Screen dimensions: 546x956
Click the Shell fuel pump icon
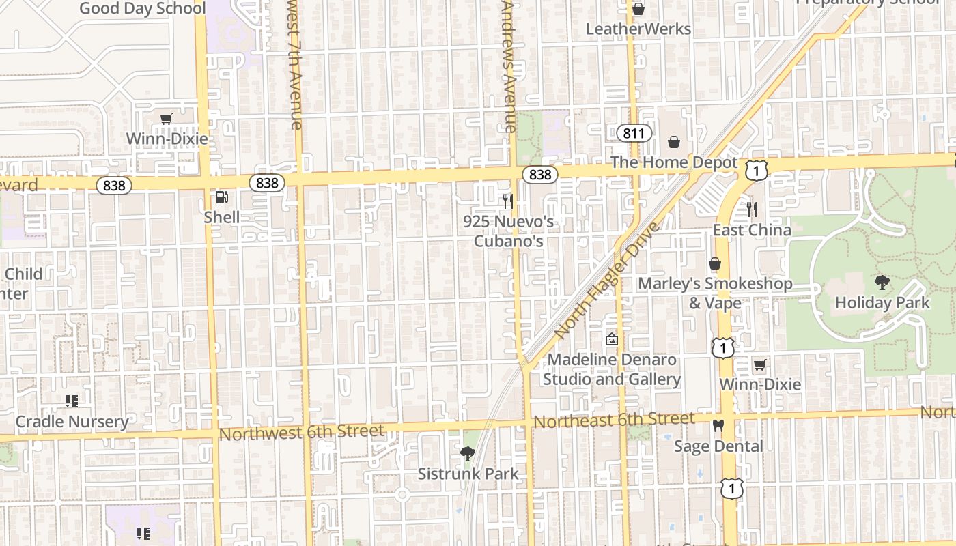(x=221, y=197)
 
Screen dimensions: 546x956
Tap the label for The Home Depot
(x=674, y=162)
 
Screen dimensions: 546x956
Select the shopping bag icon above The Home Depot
(x=674, y=142)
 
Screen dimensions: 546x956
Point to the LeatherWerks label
(x=638, y=29)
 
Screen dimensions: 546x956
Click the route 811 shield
(x=633, y=132)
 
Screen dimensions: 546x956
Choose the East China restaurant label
(x=752, y=230)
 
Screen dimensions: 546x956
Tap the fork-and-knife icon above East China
(x=752, y=209)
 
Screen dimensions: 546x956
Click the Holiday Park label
(x=882, y=302)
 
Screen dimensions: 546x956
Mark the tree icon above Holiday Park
(x=882, y=282)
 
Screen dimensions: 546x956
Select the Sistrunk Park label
(x=468, y=474)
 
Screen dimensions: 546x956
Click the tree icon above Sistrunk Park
(x=468, y=453)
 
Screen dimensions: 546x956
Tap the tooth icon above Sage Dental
(x=718, y=425)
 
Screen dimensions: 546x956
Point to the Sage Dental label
(x=718, y=446)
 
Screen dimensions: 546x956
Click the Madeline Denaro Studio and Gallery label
(x=612, y=369)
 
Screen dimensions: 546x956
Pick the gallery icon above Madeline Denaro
(x=612, y=339)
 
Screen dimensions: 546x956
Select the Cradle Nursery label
(x=72, y=422)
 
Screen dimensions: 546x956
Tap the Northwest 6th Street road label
(x=302, y=431)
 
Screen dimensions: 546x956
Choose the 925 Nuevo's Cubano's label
(x=508, y=231)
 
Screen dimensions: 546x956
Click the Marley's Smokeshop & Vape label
(x=715, y=293)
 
